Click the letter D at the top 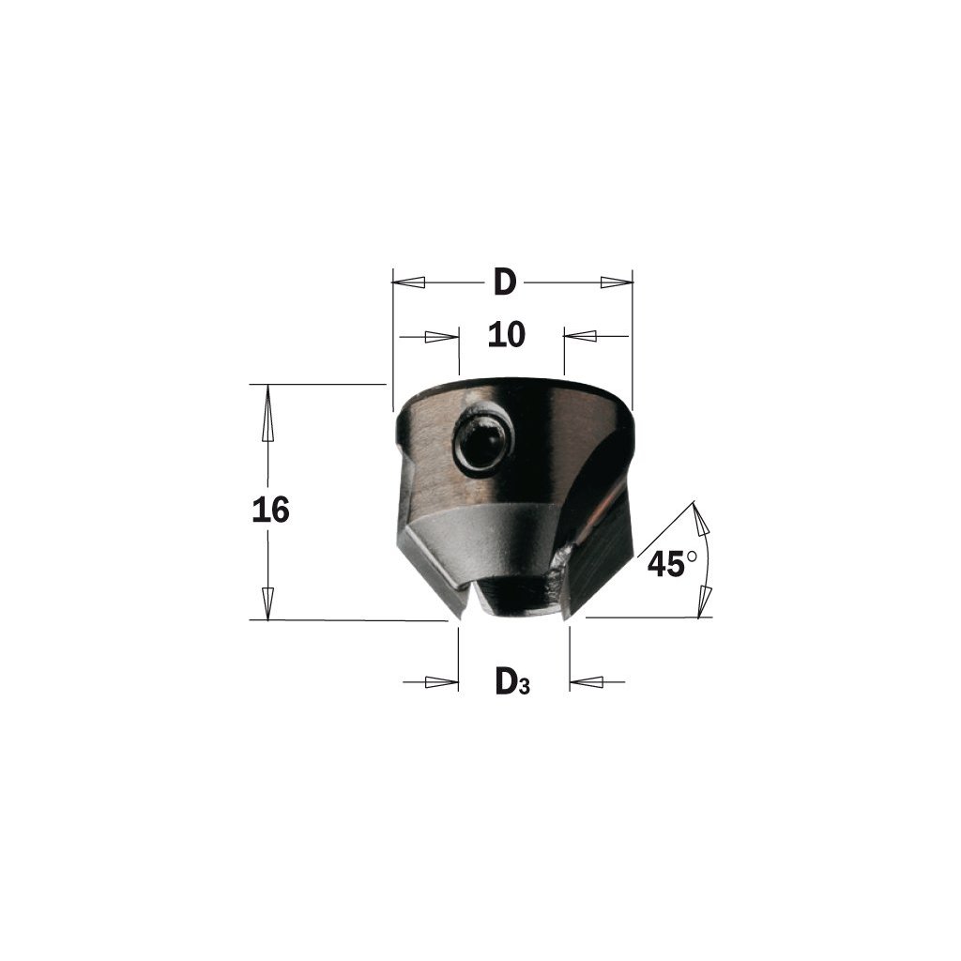(x=506, y=282)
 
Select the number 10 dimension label (x=507, y=335)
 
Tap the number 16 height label (x=270, y=511)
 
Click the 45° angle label (x=672, y=564)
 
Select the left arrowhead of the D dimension (x=409, y=282)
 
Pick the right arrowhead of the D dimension (x=616, y=282)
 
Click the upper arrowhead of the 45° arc (x=698, y=518)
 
